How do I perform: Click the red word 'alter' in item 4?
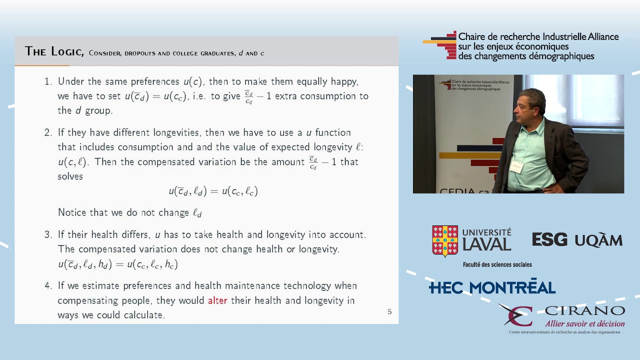[217, 300]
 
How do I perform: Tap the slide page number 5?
[389, 311]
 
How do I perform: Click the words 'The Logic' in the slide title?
[54, 51]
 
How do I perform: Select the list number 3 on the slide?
[48, 234]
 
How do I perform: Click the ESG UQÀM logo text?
[577, 240]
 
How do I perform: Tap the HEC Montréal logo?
[492, 287]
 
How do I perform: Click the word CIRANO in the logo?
[584, 311]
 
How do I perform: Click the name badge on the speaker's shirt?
[516, 166]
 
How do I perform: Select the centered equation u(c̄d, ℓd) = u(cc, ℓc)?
[213, 191]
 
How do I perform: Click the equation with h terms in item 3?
[118, 264]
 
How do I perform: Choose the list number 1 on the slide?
[48, 81]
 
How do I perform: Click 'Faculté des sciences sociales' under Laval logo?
[497, 264]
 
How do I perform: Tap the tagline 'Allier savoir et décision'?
[584, 323]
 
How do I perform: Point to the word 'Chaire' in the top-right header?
[471, 37]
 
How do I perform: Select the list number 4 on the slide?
[48, 286]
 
